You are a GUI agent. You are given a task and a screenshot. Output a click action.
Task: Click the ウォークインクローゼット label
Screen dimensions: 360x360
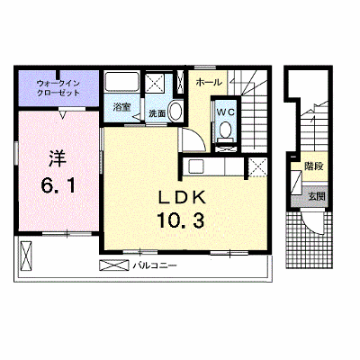pyautogui.click(x=58, y=88)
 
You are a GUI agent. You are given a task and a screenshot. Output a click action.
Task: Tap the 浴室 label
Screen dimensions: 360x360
pyautogui.click(x=121, y=107)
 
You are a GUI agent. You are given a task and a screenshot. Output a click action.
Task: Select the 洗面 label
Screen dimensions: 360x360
pyautogui.click(x=157, y=113)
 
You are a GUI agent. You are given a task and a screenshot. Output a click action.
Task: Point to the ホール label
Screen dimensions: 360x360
pyautogui.click(x=209, y=82)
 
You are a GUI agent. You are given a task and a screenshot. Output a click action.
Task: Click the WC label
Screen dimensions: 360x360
pyautogui.click(x=226, y=112)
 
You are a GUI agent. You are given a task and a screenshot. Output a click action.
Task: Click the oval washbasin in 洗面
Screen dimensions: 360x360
pyautogui.click(x=175, y=111)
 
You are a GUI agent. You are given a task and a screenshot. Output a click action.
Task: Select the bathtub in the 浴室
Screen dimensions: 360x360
pyautogui.click(x=121, y=82)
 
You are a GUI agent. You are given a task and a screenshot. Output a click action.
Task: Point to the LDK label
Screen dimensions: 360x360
pyautogui.click(x=182, y=198)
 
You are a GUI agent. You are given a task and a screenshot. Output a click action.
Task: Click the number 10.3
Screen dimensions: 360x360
pyautogui.click(x=180, y=220)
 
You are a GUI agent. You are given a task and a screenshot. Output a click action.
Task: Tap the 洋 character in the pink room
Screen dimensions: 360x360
pyautogui.click(x=58, y=158)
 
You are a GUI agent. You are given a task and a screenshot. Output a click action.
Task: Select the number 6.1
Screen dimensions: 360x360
pyautogui.click(x=58, y=185)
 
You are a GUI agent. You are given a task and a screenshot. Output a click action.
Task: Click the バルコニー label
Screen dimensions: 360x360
pyautogui.click(x=155, y=265)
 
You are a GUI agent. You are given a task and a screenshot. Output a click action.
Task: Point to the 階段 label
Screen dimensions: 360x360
pyautogui.click(x=314, y=166)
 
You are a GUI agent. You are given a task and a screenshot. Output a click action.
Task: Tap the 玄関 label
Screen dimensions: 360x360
pyautogui.click(x=317, y=196)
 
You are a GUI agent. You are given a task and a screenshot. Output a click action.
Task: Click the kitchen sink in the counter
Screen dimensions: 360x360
pyautogui.click(x=195, y=166)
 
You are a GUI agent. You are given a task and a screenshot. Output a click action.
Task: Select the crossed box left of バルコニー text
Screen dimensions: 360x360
pyautogui.click(x=114, y=265)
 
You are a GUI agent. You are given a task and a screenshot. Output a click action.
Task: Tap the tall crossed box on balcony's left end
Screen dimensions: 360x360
pyautogui.click(x=26, y=256)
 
